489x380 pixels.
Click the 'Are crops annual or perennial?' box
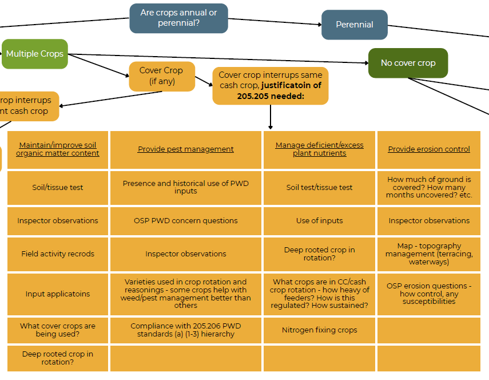pos(178,18)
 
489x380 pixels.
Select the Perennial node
pos(354,25)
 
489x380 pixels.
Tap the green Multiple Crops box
pos(35,54)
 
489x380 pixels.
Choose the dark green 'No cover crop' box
pos(408,63)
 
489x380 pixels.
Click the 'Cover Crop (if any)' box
pos(161,76)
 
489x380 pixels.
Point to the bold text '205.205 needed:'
pos(271,96)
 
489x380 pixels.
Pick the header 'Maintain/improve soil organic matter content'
pos(58,149)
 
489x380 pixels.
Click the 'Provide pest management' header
pos(186,149)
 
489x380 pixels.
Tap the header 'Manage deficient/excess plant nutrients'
pos(319,149)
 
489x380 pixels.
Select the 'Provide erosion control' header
pos(429,149)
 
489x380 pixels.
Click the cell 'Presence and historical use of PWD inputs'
pos(186,187)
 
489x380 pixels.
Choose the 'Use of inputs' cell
pos(319,221)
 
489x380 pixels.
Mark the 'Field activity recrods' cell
pos(58,254)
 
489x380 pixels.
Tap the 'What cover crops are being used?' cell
pos(58,330)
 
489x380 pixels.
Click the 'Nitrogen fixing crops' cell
pos(319,330)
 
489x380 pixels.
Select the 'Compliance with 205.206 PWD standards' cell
pos(186,330)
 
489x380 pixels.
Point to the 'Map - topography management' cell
pos(429,254)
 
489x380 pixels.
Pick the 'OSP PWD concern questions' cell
pos(186,221)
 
